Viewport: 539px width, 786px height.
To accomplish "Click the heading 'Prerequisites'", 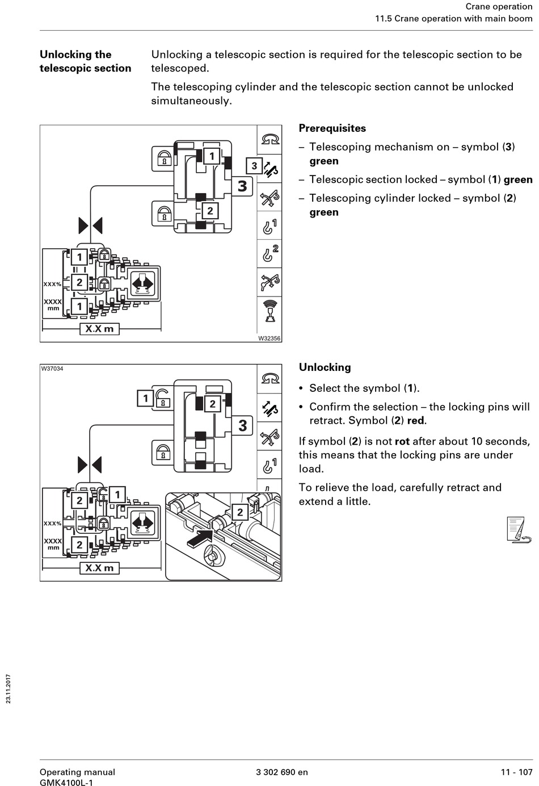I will pyautogui.click(x=332, y=128).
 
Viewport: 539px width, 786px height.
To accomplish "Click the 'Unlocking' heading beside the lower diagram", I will pyautogui.click(x=325, y=367).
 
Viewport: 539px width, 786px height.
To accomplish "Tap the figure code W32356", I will pyautogui.click(x=269, y=338).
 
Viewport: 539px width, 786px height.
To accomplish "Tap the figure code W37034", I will pyautogui.click(x=52, y=369).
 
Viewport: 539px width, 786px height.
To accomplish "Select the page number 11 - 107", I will pyautogui.click(x=516, y=772).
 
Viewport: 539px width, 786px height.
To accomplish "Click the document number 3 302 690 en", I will pyautogui.click(x=282, y=772).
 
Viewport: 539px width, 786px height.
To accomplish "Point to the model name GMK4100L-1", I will pyautogui.click(x=66, y=782).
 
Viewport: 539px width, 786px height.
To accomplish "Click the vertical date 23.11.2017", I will pyautogui.click(x=9, y=688).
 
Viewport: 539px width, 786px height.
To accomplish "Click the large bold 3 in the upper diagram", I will pyautogui.click(x=242, y=186).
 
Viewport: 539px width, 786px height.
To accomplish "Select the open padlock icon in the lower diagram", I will pyautogui.click(x=163, y=398).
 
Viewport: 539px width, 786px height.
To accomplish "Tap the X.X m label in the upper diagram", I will pyautogui.click(x=99, y=329).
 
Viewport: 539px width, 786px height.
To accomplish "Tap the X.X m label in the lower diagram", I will pyautogui.click(x=99, y=568).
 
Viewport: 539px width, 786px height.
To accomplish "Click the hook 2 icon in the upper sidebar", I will pyautogui.click(x=269, y=253).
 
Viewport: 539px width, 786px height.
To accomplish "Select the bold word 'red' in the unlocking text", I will pyautogui.click(x=416, y=421).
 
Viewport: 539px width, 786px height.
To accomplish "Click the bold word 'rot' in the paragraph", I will pyautogui.click(x=402, y=441).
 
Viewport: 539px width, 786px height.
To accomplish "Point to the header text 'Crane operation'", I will pyautogui.click(x=499, y=7).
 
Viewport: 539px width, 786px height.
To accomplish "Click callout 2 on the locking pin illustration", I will pyautogui.click(x=240, y=512).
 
